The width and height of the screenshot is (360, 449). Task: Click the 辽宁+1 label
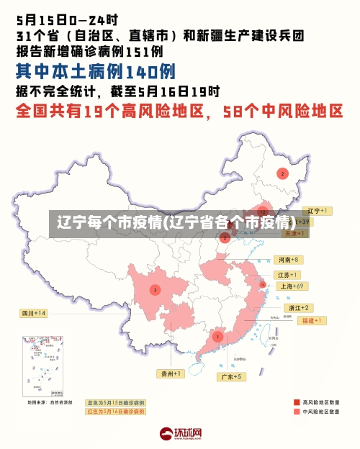tap(318, 211)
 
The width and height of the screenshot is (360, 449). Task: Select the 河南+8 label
tap(287, 260)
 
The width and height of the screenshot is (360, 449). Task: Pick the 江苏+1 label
tap(287, 275)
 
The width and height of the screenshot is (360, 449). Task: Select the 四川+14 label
tap(33, 313)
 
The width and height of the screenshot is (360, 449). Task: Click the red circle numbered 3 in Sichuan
tap(155, 290)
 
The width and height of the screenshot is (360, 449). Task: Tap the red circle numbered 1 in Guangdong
tap(217, 336)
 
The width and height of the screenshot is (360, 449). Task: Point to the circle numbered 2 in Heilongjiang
tap(283, 173)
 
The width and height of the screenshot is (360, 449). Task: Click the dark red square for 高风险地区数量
tap(296, 402)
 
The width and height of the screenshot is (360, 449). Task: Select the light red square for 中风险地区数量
tap(296, 412)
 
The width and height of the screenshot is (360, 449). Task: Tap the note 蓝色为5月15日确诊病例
tap(115, 403)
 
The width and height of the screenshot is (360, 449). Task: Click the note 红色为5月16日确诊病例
tap(115, 412)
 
